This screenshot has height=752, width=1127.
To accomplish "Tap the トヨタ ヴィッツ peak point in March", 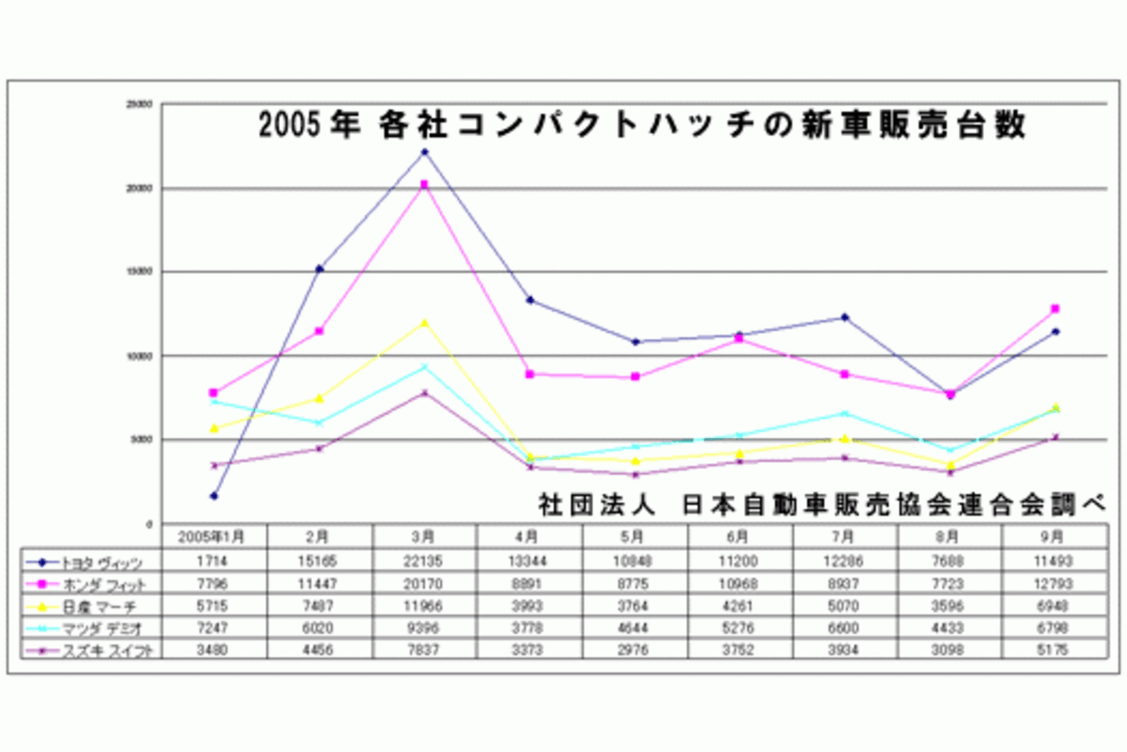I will tap(425, 152).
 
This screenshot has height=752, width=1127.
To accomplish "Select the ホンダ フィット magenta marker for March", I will tap(425, 184).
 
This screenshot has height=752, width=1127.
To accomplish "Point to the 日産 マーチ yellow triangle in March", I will tap(425, 323).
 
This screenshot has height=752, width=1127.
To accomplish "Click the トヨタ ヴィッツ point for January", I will tap(213, 496).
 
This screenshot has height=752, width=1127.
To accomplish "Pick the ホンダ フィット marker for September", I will tap(1055, 309).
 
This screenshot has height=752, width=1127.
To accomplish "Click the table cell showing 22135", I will tap(425, 561).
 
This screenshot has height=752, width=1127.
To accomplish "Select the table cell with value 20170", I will tap(425, 583).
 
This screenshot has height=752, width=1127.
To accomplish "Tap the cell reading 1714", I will tap(213, 561).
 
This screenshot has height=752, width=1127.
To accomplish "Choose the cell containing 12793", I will tap(1055, 583).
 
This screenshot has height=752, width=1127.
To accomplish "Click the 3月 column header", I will tap(425, 537).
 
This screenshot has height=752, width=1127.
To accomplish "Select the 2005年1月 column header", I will tap(213, 537).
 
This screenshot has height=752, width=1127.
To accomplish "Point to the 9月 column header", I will tap(1055, 537).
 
